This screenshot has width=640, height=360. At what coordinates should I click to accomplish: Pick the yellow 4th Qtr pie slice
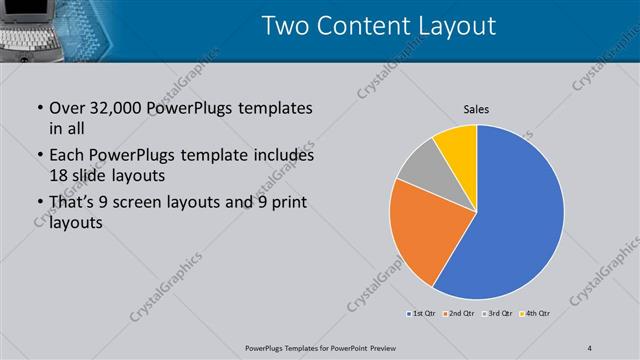coord(458,146)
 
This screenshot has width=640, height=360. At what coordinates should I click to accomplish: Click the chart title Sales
coord(476,109)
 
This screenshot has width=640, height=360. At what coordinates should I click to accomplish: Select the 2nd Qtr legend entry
coord(460,314)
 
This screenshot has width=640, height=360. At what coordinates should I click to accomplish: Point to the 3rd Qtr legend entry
coord(497,314)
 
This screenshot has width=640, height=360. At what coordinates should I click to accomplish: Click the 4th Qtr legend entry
coord(535,314)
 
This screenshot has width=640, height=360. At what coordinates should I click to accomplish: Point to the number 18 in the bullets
coord(60,175)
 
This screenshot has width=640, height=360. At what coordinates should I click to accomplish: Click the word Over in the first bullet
coord(68,108)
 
